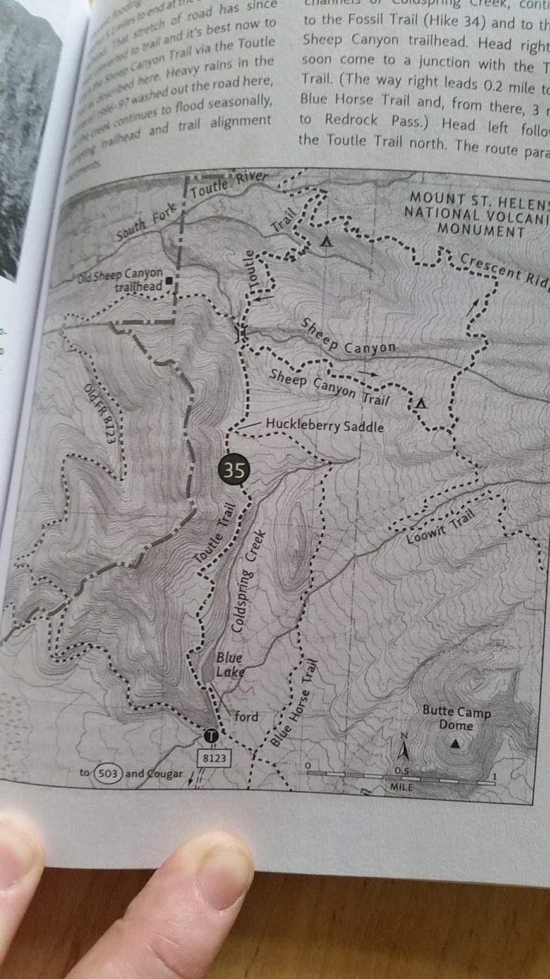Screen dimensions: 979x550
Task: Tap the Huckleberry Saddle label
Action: click(x=324, y=425)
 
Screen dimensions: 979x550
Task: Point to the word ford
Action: click(x=245, y=717)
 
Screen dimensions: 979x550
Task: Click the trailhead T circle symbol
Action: click(x=213, y=735)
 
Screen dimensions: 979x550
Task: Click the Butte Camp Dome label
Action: click(x=456, y=719)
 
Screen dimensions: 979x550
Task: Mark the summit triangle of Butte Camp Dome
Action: click(x=456, y=745)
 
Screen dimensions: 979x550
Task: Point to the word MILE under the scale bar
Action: click(x=400, y=787)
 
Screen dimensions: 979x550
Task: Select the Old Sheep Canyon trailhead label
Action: click(x=120, y=280)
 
